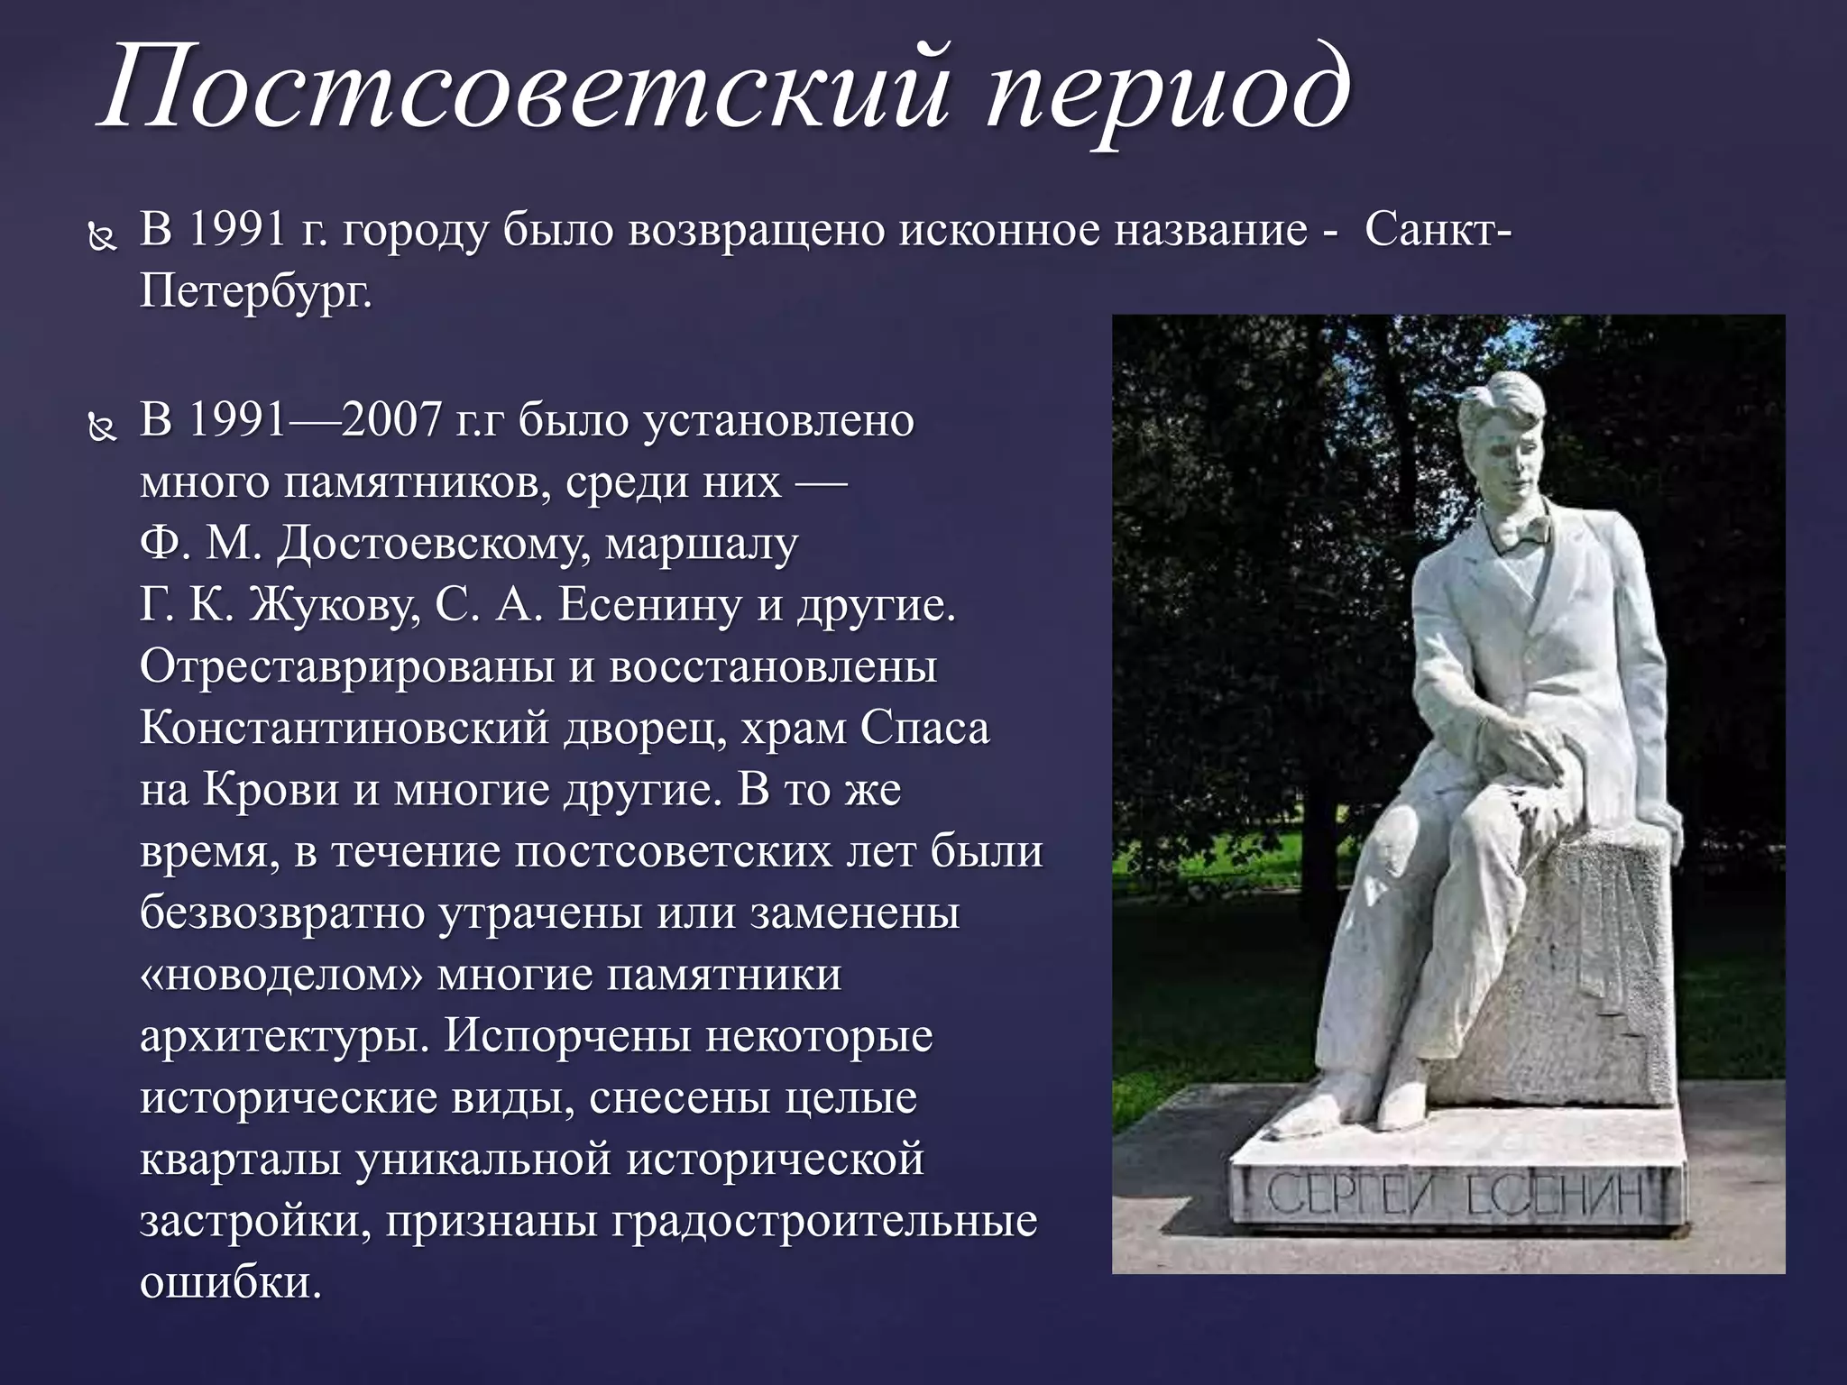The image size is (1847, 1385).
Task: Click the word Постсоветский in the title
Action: pos(523,90)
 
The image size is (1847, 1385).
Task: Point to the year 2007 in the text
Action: pos(391,420)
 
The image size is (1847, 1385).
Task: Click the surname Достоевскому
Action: pos(433,544)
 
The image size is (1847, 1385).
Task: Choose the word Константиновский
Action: pos(344,728)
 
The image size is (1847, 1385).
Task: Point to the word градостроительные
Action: pos(824,1222)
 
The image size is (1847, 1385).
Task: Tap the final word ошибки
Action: pos(230,1283)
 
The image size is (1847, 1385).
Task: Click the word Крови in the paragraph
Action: pos(271,790)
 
